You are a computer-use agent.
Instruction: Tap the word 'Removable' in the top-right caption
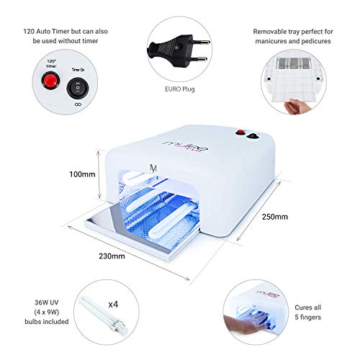tap(274, 33)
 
